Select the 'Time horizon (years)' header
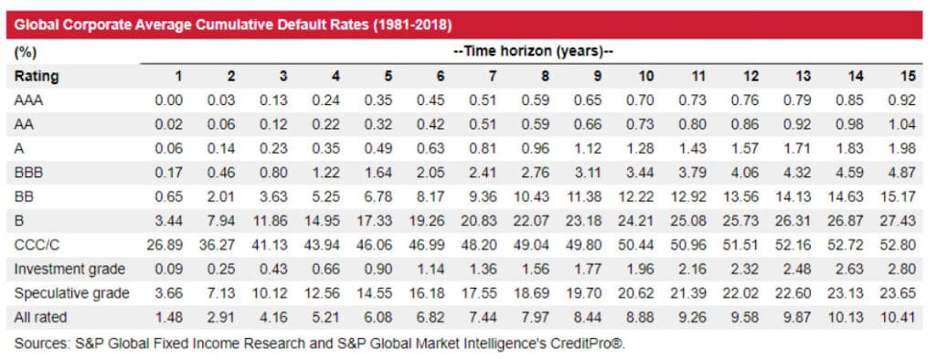(x=531, y=53)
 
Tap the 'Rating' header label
(x=36, y=77)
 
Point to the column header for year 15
(x=907, y=77)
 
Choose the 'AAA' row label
(x=29, y=101)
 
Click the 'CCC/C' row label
(x=37, y=245)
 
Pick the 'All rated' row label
(x=40, y=317)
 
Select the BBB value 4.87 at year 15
(x=903, y=173)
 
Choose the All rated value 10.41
(x=900, y=317)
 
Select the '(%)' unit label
(x=25, y=53)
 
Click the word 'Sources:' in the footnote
(x=43, y=344)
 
